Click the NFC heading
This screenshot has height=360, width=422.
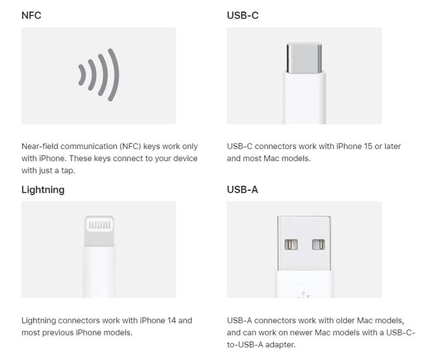(31, 15)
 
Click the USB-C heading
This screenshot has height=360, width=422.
(242, 15)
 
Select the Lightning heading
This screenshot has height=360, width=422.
(43, 190)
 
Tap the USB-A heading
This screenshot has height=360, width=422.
(242, 190)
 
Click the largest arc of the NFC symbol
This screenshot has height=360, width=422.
(113, 75)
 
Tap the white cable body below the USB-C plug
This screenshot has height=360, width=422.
(304, 99)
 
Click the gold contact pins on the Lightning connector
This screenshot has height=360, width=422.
(99, 225)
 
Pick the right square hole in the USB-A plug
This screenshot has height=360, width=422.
(318, 244)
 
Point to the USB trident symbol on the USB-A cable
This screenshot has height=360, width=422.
(304, 295)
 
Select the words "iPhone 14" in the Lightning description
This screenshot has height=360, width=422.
(158, 320)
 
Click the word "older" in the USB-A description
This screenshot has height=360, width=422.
(340, 320)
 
